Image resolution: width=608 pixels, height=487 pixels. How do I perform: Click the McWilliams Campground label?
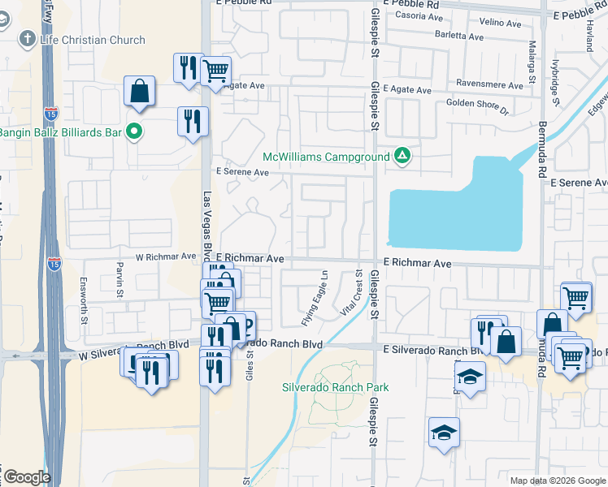(326, 156)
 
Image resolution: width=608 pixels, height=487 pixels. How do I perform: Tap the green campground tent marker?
(401, 155)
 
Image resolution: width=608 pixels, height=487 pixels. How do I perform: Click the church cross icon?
(26, 39)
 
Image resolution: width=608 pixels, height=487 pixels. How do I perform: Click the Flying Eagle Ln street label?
(315, 298)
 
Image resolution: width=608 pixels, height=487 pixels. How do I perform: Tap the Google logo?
(26, 477)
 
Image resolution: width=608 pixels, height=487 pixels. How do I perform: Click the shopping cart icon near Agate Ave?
(215, 71)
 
